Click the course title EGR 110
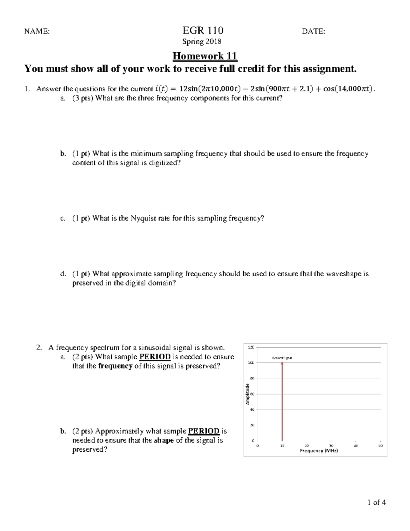[203, 30]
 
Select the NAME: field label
[37, 31]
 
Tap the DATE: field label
[313, 31]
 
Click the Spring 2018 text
[202, 42]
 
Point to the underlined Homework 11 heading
[205, 56]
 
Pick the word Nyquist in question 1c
[143, 218]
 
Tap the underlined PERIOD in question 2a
[154, 357]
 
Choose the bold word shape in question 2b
[164, 440]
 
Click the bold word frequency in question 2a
[115, 366]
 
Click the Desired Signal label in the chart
[282, 358]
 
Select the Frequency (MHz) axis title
[319, 451]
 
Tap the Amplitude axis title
[247, 394]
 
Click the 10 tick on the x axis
[282, 446]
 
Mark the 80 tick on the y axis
[252, 379]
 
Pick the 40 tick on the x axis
[356, 446]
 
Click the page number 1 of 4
[377, 502]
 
